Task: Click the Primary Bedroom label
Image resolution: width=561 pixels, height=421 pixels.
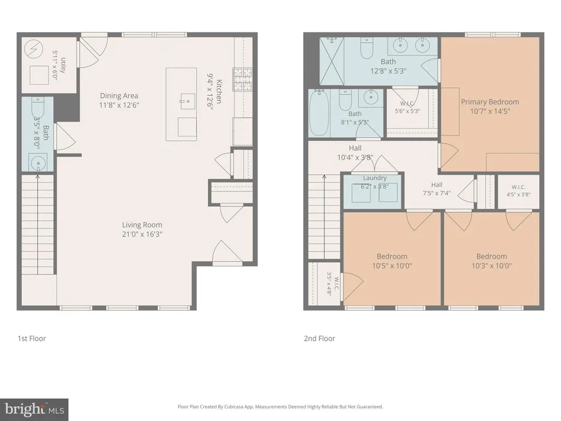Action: pyautogui.click(x=490, y=102)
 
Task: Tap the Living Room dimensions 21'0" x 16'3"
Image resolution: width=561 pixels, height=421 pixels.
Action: pyautogui.click(x=142, y=234)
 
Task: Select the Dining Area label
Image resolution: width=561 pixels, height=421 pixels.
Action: pyautogui.click(x=119, y=95)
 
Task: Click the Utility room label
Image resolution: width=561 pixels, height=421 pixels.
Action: pyautogui.click(x=64, y=65)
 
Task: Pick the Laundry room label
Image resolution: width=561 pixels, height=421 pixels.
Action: pyautogui.click(x=375, y=178)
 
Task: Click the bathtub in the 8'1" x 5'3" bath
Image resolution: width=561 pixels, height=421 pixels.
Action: pyautogui.click(x=319, y=112)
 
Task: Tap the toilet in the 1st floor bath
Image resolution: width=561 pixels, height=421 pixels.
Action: pyautogui.click(x=38, y=107)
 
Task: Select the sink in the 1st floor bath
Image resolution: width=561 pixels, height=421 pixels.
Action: pyautogui.click(x=38, y=163)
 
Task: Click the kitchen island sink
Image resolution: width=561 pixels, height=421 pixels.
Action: pyautogui.click(x=187, y=101)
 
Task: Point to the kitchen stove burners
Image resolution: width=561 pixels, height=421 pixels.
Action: pyautogui.click(x=243, y=79)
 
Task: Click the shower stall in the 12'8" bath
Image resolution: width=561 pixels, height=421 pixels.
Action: pyautogui.click(x=331, y=61)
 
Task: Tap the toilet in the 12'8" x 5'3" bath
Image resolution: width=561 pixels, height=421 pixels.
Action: pyautogui.click(x=367, y=48)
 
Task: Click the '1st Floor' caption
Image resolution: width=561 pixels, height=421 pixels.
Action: pyautogui.click(x=32, y=338)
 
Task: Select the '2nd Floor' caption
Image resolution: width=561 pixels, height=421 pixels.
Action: pyautogui.click(x=319, y=338)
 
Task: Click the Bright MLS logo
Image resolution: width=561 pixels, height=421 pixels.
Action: pyautogui.click(x=34, y=409)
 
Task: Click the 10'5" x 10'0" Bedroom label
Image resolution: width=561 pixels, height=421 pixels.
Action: pyautogui.click(x=392, y=257)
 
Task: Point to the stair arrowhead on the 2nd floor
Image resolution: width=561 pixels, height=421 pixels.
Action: pyautogui.click(x=324, y=176)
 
